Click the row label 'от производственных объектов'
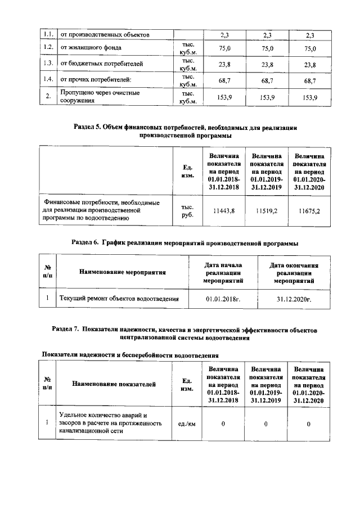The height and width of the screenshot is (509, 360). (x=105, y=35)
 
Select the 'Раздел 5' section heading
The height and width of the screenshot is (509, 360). (x=185, y=132)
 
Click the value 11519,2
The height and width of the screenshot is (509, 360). (x=267, y=210)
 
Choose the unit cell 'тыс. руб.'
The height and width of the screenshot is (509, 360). (x=187, y=210)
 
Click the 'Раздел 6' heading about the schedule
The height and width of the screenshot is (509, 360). (x=185, y=243)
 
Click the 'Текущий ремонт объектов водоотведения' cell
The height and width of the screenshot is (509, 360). (x=119, y=299)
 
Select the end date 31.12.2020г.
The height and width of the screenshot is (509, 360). (x=294, y=299)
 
